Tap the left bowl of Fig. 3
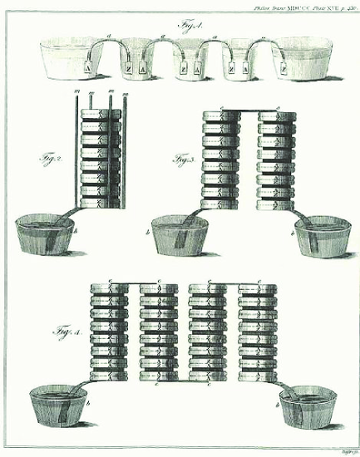180,236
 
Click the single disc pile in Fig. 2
96,158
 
